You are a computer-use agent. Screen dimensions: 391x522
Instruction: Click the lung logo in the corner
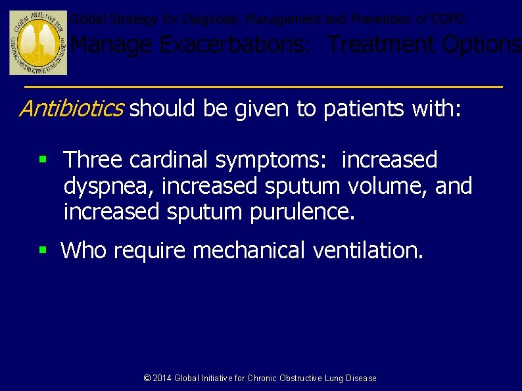[38, 43]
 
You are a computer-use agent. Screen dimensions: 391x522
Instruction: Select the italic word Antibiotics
[71, 108]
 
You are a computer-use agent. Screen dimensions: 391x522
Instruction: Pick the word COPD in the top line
[450, 19]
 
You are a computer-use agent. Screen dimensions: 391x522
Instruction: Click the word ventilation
[368, 250]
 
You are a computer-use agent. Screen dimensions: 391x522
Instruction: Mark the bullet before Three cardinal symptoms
[43, 160]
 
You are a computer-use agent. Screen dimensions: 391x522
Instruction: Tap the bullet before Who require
[43, 250]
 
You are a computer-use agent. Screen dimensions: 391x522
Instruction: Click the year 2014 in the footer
[162, 378]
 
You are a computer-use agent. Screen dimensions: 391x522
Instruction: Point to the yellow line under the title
[263, 87]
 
